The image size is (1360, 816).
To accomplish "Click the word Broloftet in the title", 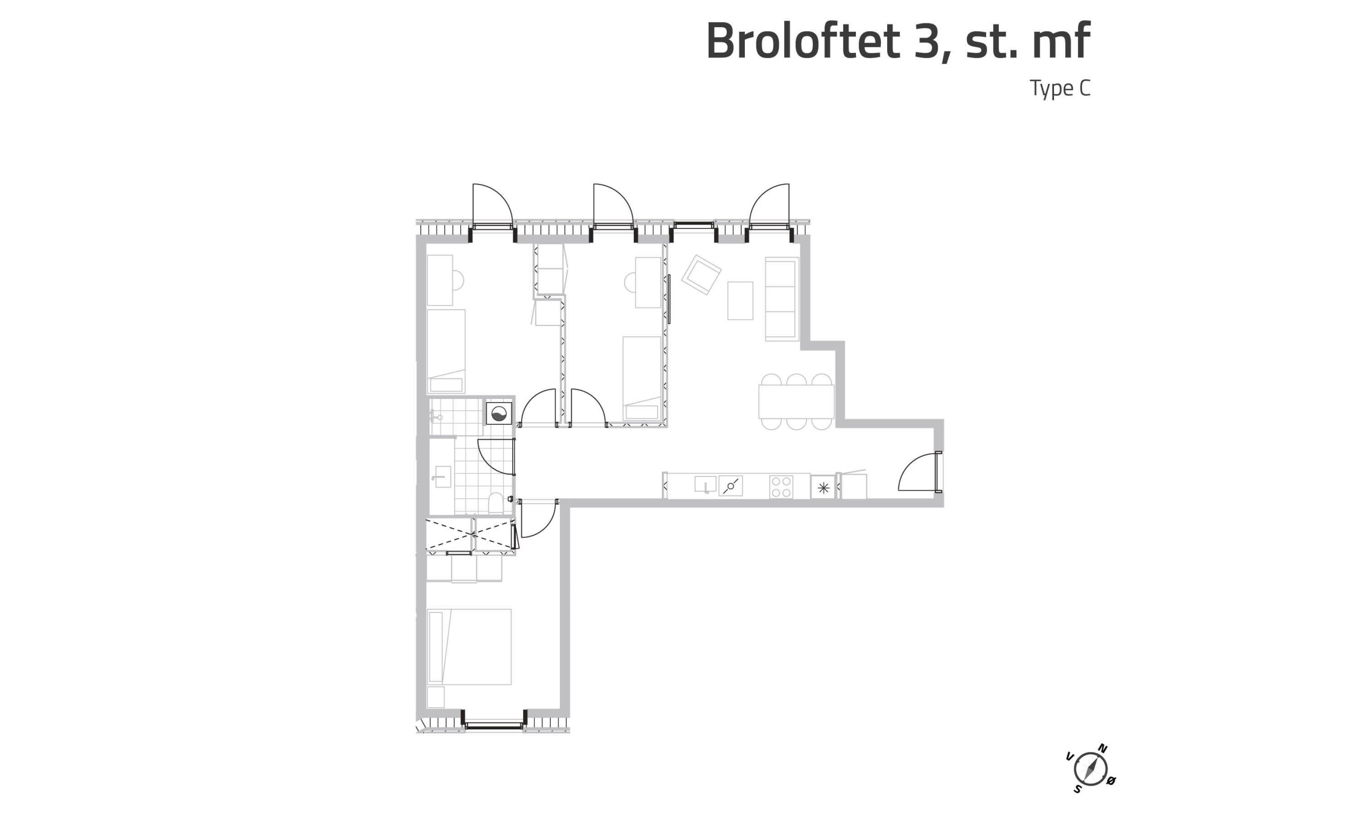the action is (x=803, y=41).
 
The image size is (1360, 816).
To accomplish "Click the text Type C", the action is (x=1060, y=89).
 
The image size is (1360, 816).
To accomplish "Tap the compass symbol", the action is (x=1090, y=769).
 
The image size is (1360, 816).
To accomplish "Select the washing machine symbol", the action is (x=499, y=413).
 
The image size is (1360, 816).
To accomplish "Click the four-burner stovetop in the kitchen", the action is (x=780, y=487).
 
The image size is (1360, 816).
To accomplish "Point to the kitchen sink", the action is (x=705, y=484).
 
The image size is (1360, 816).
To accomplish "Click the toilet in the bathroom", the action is (x=496, y=503).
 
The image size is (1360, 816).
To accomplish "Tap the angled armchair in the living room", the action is (x=701, y=274).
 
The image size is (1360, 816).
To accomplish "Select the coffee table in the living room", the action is (x=740, y=300).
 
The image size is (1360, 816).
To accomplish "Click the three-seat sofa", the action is (x=781, y=299).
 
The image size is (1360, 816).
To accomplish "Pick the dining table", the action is (x=796, y=402).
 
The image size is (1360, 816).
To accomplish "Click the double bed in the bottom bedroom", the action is (x=469, y=647).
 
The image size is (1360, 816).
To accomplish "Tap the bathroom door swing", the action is (x=496, y=457).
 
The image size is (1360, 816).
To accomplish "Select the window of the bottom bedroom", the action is (x=494, y=726).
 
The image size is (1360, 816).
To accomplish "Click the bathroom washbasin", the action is (x=441, y=477).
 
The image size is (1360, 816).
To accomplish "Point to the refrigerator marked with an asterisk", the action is (x=823, y=488).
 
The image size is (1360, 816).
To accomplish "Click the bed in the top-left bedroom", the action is (x=446, y=351).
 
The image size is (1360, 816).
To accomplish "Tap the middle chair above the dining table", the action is (x=796, y=379).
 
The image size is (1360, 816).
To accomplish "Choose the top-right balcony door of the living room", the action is (x=770, y=206).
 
